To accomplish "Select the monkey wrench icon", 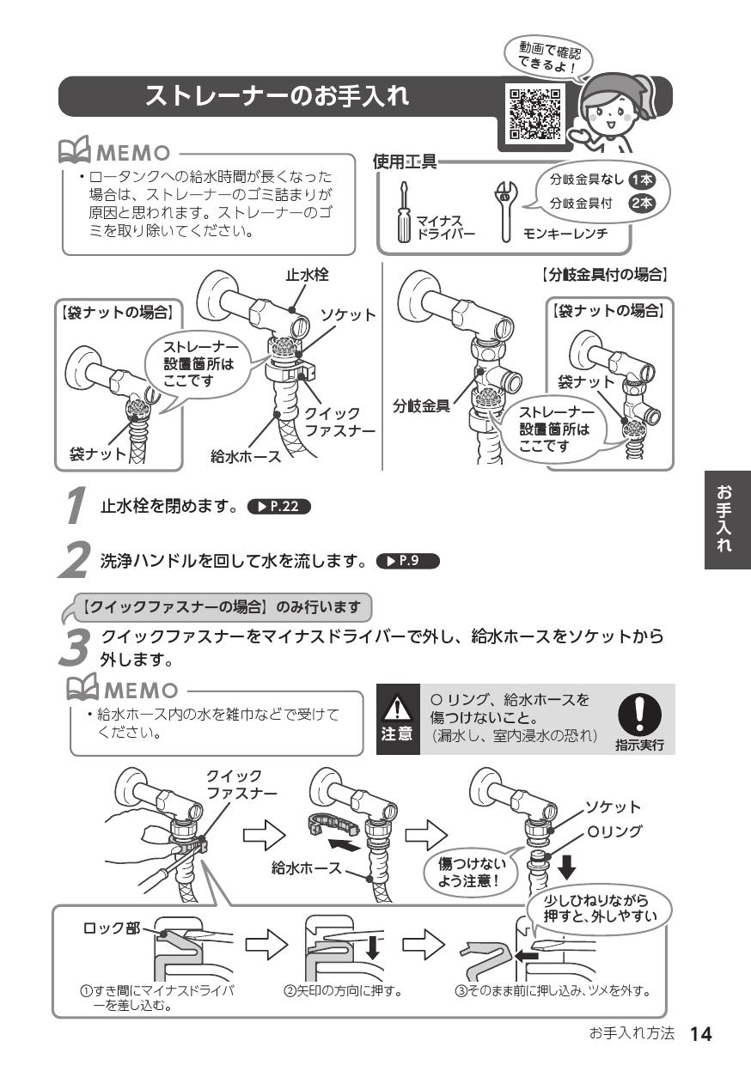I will point(505,211).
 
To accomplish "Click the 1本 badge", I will point(641,180).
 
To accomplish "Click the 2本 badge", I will point(641,204).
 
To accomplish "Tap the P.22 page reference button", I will point(278,506).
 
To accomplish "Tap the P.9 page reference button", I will point(407,563).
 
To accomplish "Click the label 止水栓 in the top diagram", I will point(307,275).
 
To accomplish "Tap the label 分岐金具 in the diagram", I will point(421,406).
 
